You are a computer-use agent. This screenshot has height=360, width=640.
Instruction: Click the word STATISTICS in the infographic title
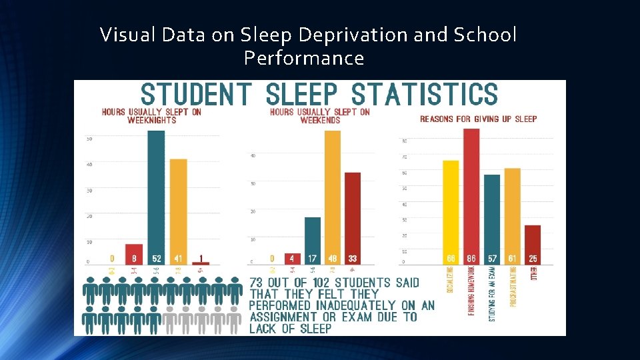(x=424, y=94)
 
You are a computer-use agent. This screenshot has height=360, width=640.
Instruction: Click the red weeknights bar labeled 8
(x=134, y=254)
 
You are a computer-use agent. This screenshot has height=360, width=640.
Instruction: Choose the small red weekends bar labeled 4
(x=292, y=259)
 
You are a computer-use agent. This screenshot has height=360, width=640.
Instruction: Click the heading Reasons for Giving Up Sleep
(x=478, y=119)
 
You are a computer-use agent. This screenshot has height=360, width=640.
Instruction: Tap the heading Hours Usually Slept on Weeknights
(x=151, y=116)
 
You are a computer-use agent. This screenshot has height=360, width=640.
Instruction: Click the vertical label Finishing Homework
(x=471, y=293)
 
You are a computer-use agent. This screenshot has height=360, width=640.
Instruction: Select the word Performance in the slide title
(x=304, y=58)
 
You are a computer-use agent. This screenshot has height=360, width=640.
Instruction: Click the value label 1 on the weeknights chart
(x=201, y=259)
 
